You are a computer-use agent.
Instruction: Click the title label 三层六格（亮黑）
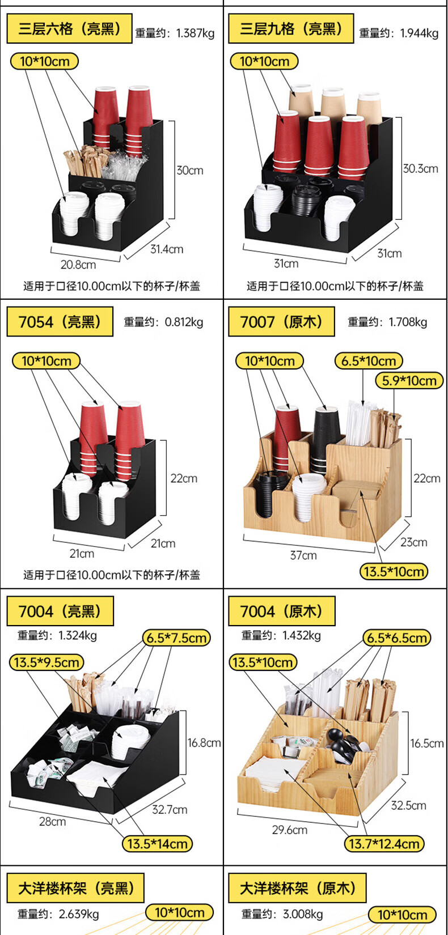tap(69, 29)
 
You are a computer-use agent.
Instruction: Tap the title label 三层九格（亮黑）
tap(291, 29)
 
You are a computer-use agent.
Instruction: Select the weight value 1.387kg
tap(195, 33)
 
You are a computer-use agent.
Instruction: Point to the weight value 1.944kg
tap(419, 33)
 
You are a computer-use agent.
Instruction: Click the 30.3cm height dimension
tap(420, 169)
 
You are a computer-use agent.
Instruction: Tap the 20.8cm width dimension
tap(78, 265)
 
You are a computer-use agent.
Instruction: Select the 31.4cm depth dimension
tap(167, 249)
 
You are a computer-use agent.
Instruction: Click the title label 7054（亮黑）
tap(60, 322)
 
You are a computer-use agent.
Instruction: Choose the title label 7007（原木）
tap(281, 322)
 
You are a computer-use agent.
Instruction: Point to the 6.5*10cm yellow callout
tap(369, 361)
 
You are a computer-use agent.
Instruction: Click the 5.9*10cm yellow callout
tap(409, 381)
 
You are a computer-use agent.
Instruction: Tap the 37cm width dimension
tap(303, 555)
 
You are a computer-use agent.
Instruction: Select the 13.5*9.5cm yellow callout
tap(47, 662)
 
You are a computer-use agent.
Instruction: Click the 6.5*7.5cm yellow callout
tap(176, 638)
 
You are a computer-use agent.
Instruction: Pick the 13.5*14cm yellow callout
tap(157, 844)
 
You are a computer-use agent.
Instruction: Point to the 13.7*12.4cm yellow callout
tap(384, 844)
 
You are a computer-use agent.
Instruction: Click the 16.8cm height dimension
tap(204, 743)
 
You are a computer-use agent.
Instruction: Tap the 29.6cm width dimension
tap(290, 830)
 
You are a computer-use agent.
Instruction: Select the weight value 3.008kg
tap(303, 914)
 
